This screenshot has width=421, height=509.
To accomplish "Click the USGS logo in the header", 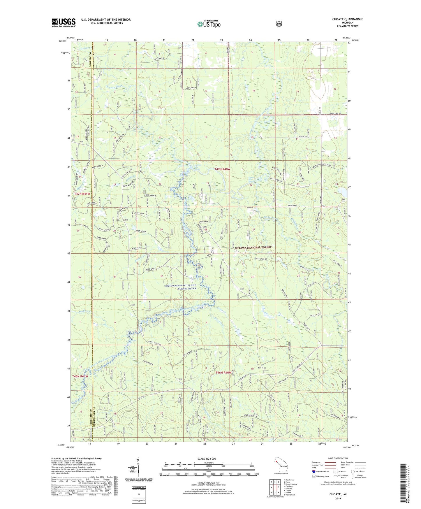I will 64,22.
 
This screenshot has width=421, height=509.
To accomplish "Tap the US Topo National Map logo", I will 209,24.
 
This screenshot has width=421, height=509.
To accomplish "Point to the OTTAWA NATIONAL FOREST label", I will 253,248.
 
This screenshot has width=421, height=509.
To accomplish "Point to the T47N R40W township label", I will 222,169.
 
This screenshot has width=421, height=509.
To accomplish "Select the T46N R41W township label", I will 80,376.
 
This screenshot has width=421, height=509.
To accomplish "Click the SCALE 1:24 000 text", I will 207,459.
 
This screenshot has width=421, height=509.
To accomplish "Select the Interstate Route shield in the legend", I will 313,471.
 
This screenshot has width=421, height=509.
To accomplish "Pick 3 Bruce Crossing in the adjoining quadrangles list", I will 290,484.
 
